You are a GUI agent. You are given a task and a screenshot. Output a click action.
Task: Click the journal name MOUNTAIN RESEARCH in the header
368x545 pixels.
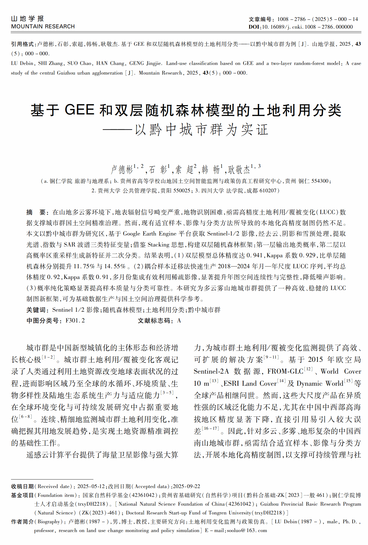pyautogui.click(x=43, y=26)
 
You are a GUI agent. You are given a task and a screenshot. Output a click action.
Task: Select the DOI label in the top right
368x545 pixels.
pyautogui.click(x=254, y=27)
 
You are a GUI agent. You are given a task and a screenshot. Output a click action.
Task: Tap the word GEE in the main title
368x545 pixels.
pyautogui.click(x=80, y=110)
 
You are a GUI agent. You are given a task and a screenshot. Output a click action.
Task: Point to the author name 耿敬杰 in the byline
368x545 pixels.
pyautogui.click(x=239, y=169)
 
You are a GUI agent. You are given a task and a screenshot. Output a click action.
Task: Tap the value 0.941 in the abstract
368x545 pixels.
pyautogui.click(x=255, y=255)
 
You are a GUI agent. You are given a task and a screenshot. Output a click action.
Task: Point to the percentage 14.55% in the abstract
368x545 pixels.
pyautogui.click(x=115, y=266)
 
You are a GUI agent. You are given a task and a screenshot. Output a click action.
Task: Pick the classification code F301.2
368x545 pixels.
pyautogui.click(x=75, y=321)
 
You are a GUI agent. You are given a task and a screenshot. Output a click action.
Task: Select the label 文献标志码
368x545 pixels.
pyautogui.click(x=155, y=321)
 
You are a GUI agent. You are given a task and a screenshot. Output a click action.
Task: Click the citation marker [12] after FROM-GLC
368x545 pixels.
pyautogui.click(x=308, y=369)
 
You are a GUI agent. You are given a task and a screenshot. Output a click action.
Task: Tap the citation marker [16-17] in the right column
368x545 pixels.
pyautogui.click(x=210, y=428)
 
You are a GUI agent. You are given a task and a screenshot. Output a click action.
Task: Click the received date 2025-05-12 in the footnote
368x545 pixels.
pyautogui.click(x=91, y=486)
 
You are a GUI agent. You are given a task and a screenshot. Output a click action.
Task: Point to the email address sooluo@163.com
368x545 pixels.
pyautogui.click(x=247, y=530)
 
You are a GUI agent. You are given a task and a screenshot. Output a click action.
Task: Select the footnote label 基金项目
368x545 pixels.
pyautogui.click(x=22, y=495)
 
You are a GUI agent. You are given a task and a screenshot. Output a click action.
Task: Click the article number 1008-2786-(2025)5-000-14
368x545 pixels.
pyautogui.click(x=317, y=19)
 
